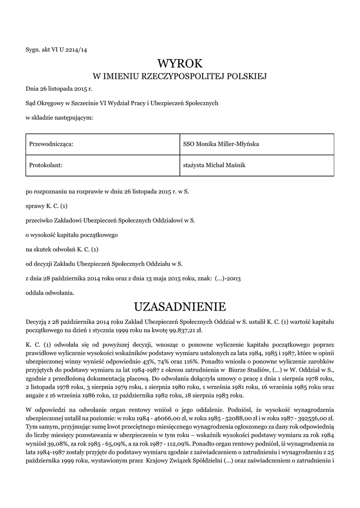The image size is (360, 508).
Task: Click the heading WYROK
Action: coord(180,63)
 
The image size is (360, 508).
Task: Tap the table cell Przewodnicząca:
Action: coord(52,144)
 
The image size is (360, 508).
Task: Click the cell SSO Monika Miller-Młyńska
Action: coord(220,144)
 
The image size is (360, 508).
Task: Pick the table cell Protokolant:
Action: coord(46,165)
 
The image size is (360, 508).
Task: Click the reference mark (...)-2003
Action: coord(228,280)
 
